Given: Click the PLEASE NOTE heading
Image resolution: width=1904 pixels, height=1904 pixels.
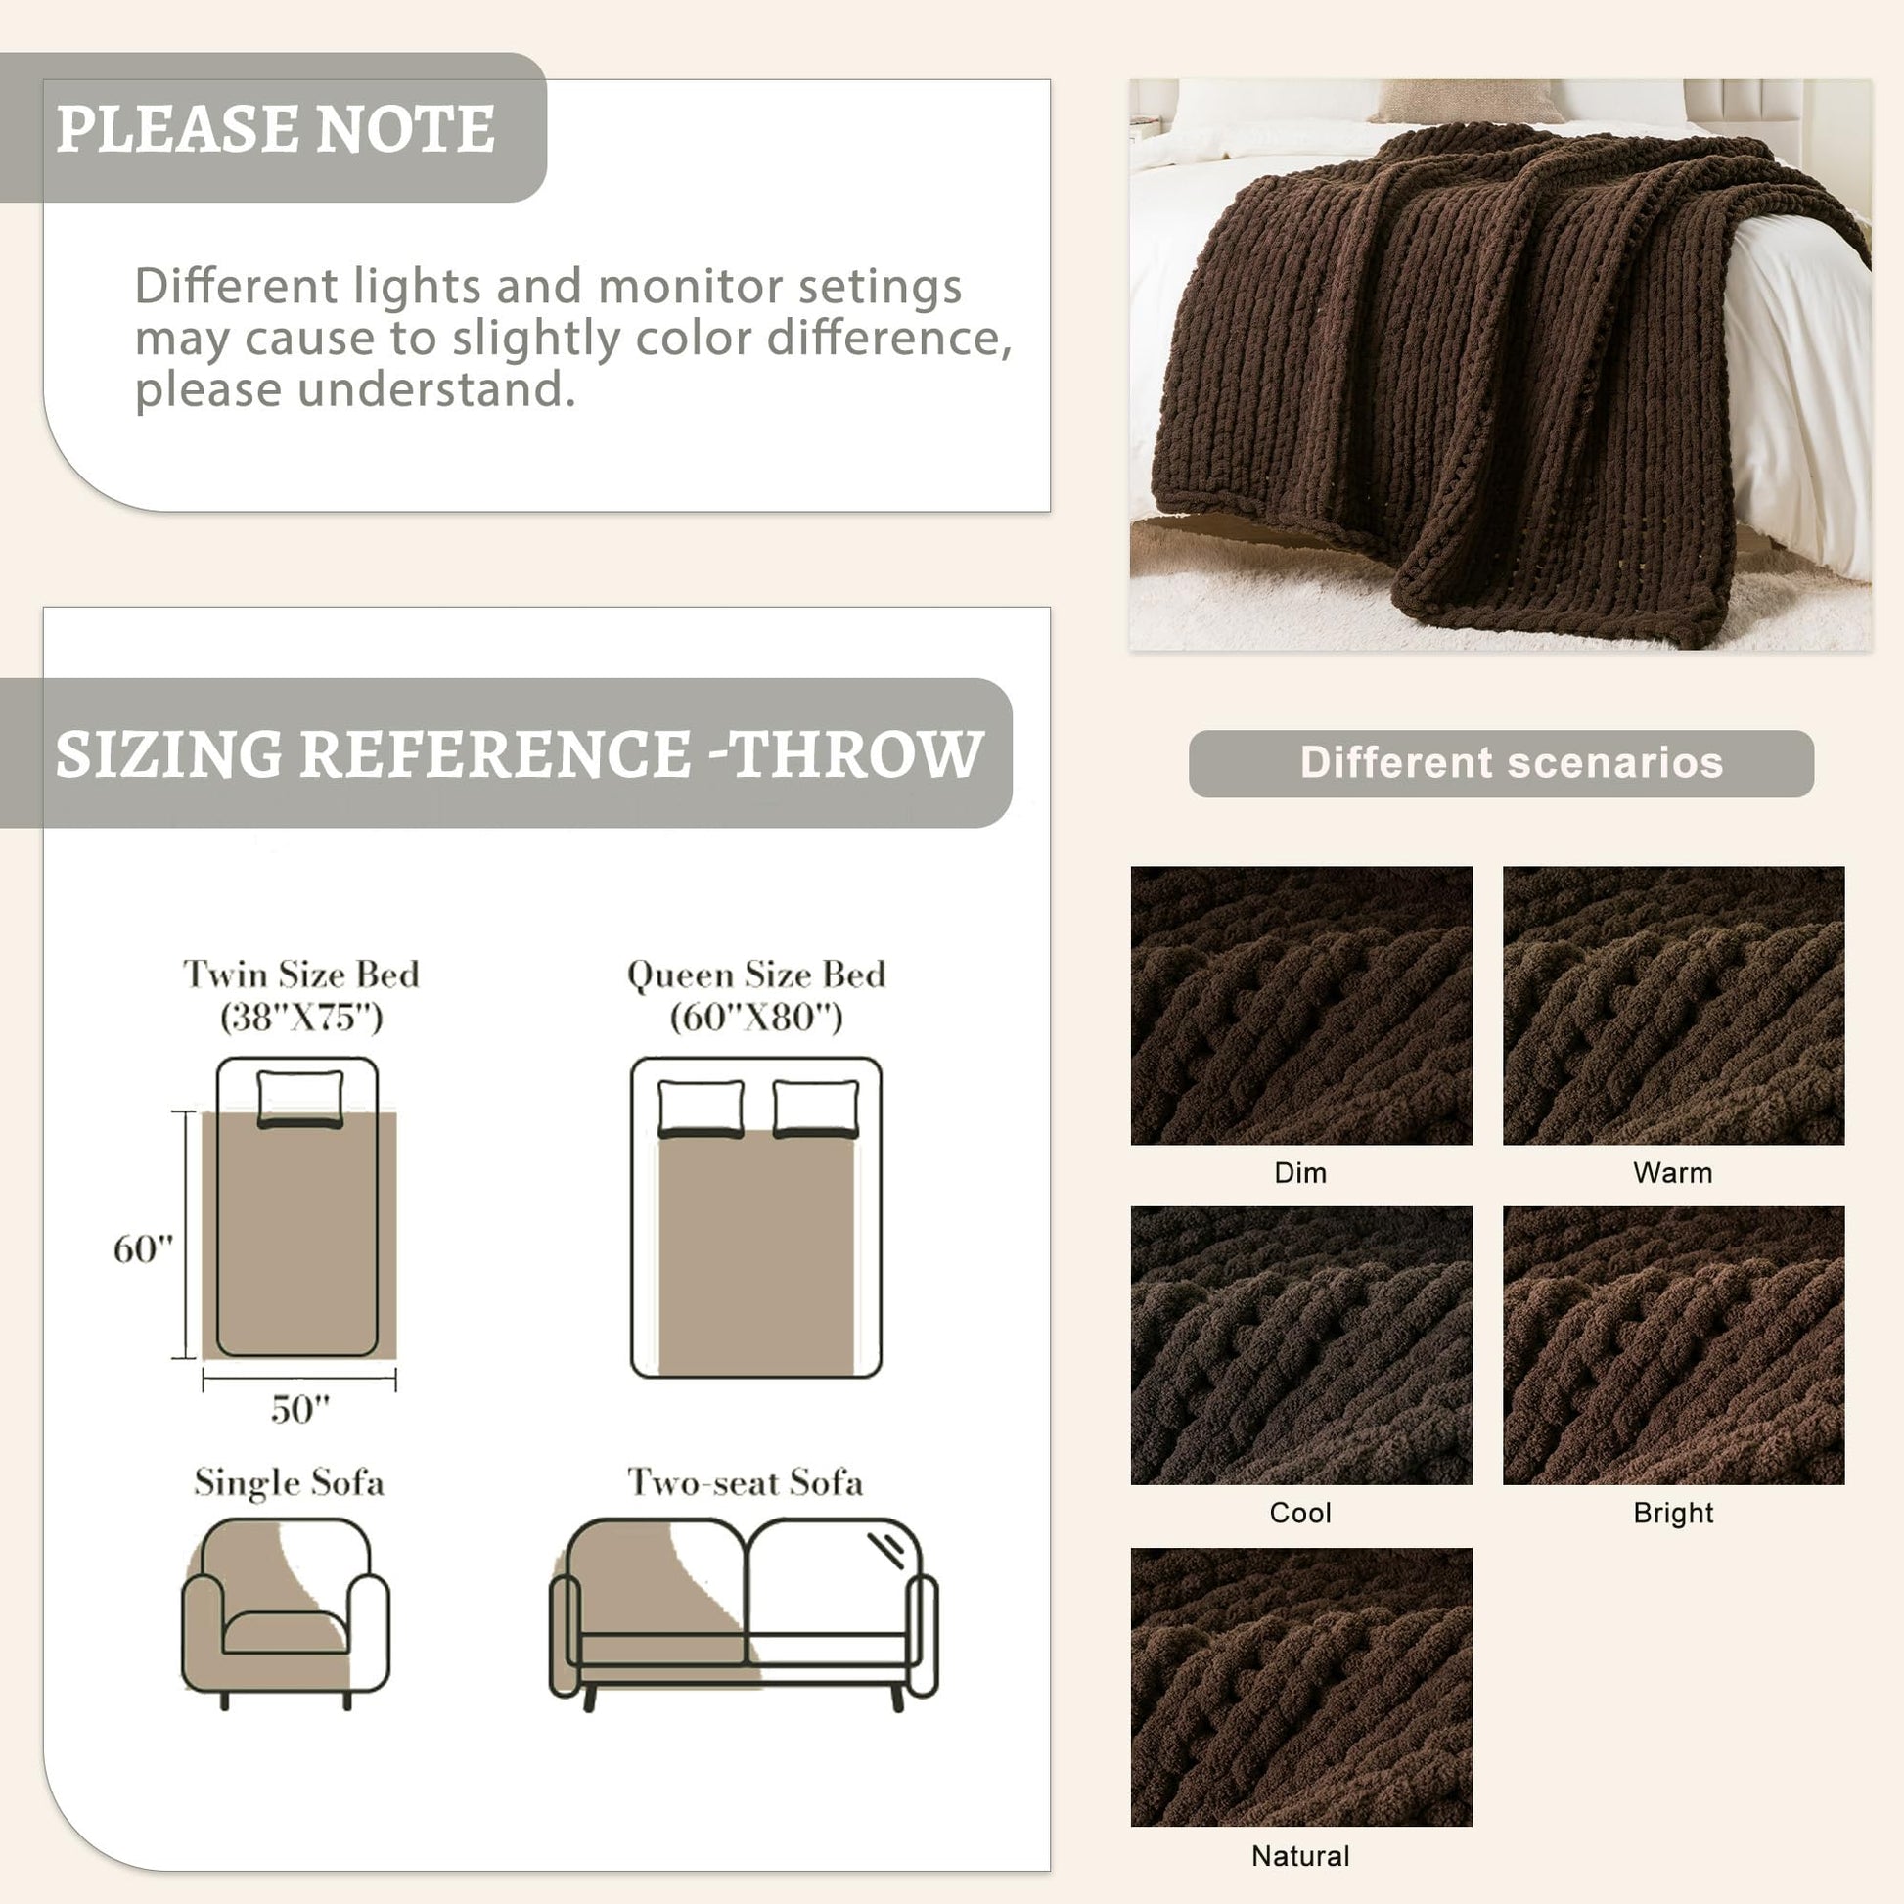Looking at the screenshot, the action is coord(275,128).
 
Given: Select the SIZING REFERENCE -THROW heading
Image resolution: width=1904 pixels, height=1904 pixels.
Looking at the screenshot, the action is coord(520,754).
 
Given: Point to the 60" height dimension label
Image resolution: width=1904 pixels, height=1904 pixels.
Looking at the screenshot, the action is coord(143,1248).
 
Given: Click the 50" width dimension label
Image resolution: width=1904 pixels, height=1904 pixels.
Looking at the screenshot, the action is coord(300,1409).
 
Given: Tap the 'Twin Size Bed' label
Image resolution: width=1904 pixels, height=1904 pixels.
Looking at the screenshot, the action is coord(301,974).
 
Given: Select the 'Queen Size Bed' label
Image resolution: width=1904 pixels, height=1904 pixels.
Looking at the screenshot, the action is coord(756,974).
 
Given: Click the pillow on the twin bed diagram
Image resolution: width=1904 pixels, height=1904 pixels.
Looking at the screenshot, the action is coord(300,1098).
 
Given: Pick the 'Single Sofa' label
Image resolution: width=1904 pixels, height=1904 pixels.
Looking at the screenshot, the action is coord(289,1482).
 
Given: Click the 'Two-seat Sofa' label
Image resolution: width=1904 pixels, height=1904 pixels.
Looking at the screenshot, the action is coord(746,1482).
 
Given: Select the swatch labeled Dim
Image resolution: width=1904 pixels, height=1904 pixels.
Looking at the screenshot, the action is coord(1301,1005).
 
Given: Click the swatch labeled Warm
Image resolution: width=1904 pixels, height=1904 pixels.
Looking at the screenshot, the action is coord(1673,1005).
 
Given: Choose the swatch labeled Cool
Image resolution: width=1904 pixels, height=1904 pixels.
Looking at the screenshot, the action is coord(1301,1345).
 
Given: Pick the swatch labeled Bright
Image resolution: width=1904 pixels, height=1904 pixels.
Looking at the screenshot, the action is coord(1673,1345).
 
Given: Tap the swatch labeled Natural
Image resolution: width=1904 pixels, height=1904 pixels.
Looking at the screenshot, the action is coord(1301,1687).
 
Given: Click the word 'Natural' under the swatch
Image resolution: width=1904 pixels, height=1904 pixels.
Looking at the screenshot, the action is coord(1301,1856).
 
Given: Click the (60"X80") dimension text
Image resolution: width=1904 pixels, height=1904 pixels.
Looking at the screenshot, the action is coord(756,1016).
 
